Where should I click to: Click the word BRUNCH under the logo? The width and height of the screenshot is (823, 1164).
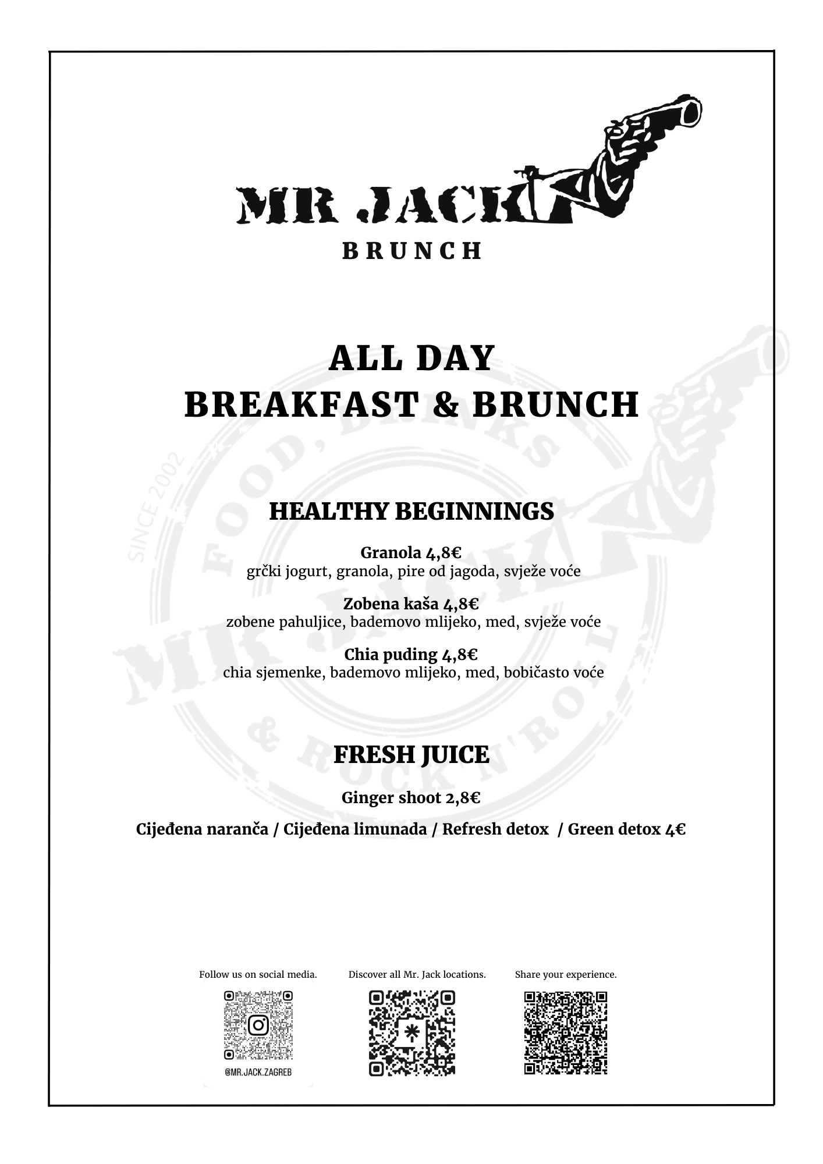pyautogui.click(x=411, y=251)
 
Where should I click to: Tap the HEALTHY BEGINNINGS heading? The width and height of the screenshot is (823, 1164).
pyautogui.click(x=411, y=511)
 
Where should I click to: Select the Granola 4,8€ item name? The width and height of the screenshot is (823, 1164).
pyautogui.click(x=411, y=552)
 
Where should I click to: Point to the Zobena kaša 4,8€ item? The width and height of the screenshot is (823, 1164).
pyautogui.click(x=411, y=604)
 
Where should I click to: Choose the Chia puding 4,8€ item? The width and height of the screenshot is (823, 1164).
pyautogui.click(x=411, y=655)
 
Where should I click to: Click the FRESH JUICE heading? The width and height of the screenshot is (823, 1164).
pyautogui.click(x=411, y=755)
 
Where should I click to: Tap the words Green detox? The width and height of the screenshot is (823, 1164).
pyautogui.click(x=613, y=829)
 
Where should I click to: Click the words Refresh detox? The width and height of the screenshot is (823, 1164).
pyautogui.click(x=495, y=829)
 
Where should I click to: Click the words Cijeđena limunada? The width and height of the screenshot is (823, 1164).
pyautogui.click(x=355, y=829)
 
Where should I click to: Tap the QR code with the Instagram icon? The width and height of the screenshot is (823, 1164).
pyautogui.click(x=258, y=1025)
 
